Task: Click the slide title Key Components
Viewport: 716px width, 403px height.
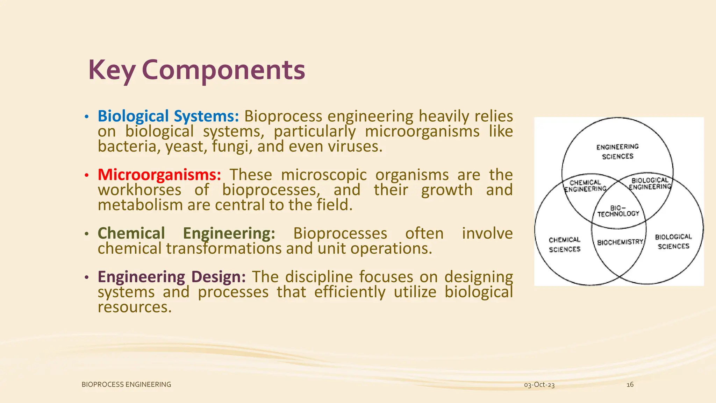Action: tap(196, 70)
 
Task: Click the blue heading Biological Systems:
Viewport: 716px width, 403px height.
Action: tap(168, 116)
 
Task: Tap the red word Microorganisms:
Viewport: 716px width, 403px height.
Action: tap(159, 175)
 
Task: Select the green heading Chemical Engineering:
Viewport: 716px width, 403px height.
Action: tap(186, 233)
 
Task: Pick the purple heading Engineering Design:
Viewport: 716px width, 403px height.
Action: tap(172, 277)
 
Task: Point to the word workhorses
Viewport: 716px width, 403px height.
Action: tap(139, 190)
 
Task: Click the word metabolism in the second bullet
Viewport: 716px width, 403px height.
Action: tap(140, 205)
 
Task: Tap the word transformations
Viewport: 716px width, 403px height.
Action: tap(224, 249)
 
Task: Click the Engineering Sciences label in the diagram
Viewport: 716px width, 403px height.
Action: tap(617, 151)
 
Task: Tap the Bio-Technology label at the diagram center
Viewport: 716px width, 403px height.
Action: tap(618, 211)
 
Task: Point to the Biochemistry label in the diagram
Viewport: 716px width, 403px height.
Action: tap(620, 242)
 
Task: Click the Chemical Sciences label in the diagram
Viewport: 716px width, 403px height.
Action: tap(565, 244)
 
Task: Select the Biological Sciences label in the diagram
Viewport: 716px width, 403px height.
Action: tap(673, 241)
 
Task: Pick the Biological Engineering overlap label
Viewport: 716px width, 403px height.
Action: tap(650, 183)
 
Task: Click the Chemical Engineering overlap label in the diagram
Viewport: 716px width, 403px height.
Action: tap(585, 185)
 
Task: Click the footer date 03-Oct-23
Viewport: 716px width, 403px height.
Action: tap(539, 385)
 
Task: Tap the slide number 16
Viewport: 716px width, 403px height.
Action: tap(630, 384)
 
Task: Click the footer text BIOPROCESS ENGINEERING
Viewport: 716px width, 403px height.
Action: tap(126, 384)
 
